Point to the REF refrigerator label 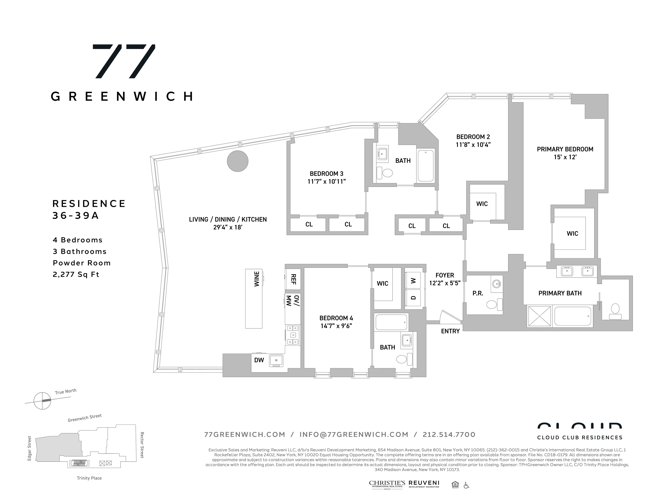point(293,279)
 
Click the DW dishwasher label point(259,360)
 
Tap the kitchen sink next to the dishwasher point(276,360)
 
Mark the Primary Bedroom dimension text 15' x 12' point(565,157)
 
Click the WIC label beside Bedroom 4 point(382,283)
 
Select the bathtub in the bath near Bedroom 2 point(426,166)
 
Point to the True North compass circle point(42,401)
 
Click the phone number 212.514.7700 point(449,435)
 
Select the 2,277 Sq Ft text point(76,274)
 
